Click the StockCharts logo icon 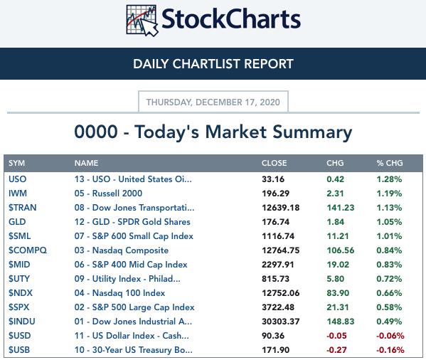142,21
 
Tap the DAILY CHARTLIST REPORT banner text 213,64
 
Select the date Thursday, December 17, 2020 213,102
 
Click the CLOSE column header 274,163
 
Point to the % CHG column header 390,163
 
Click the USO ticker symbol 17,179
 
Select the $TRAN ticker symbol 22,208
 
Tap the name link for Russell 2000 108,194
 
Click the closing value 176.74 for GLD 275,222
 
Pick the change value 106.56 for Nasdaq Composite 341,250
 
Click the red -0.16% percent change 390,349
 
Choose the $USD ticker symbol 20,336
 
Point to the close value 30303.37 281,322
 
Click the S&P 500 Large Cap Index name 134,307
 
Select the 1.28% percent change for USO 389,179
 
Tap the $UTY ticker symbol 19,279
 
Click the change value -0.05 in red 336,336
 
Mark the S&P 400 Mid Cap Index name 131,265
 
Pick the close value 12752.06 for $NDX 281,293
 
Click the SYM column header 16,163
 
